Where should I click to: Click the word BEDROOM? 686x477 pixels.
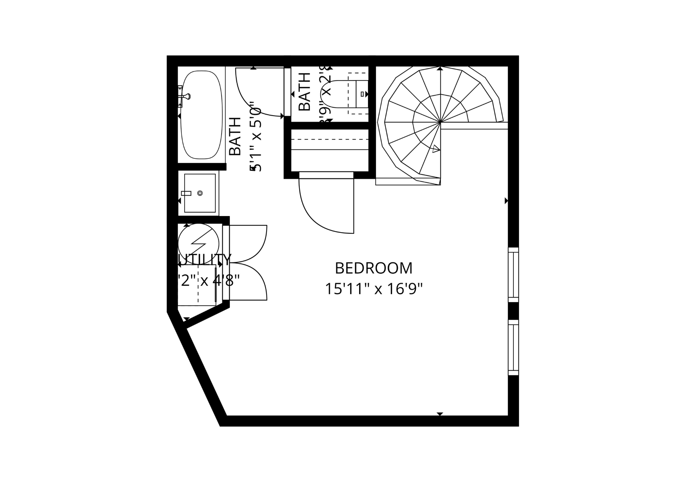coord(373,268)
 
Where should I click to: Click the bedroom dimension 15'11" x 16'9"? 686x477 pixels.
coord(373,289)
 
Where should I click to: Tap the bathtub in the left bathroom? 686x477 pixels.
coord(202,115)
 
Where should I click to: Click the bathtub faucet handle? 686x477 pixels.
coord(187,96)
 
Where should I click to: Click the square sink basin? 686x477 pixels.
coord(200,193)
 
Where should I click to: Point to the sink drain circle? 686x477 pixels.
coord(200,193)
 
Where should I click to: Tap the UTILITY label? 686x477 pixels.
coord(205,260)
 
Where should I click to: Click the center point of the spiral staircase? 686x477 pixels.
coord(440,122)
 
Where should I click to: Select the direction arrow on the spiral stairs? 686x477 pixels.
coord(436,149)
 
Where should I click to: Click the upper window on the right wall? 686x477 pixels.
coord(513,275)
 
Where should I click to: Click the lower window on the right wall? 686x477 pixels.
coord(513,347)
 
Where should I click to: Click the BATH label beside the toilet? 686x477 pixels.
coord(304,92)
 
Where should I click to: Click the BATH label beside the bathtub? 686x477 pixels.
coord(235,136)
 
